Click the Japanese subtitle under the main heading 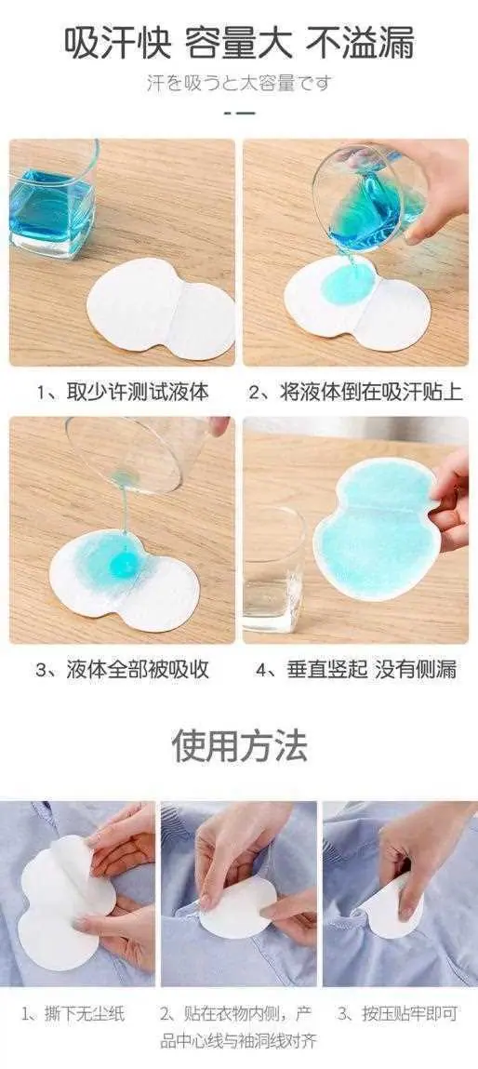(239, 83)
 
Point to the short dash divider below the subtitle (239, 112)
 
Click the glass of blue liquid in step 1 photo (53, 201)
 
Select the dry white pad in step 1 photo (161, 309)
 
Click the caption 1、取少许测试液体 (123, 392)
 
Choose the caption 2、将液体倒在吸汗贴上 (355, 392)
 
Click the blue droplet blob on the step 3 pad (124, 564)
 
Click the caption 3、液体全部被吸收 (123, 669)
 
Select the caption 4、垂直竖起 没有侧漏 (355, 669)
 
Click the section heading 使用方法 (239, 745)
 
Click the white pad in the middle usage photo (236, 907)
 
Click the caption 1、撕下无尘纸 (73, 1014)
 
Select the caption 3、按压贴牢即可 (397, 1014)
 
